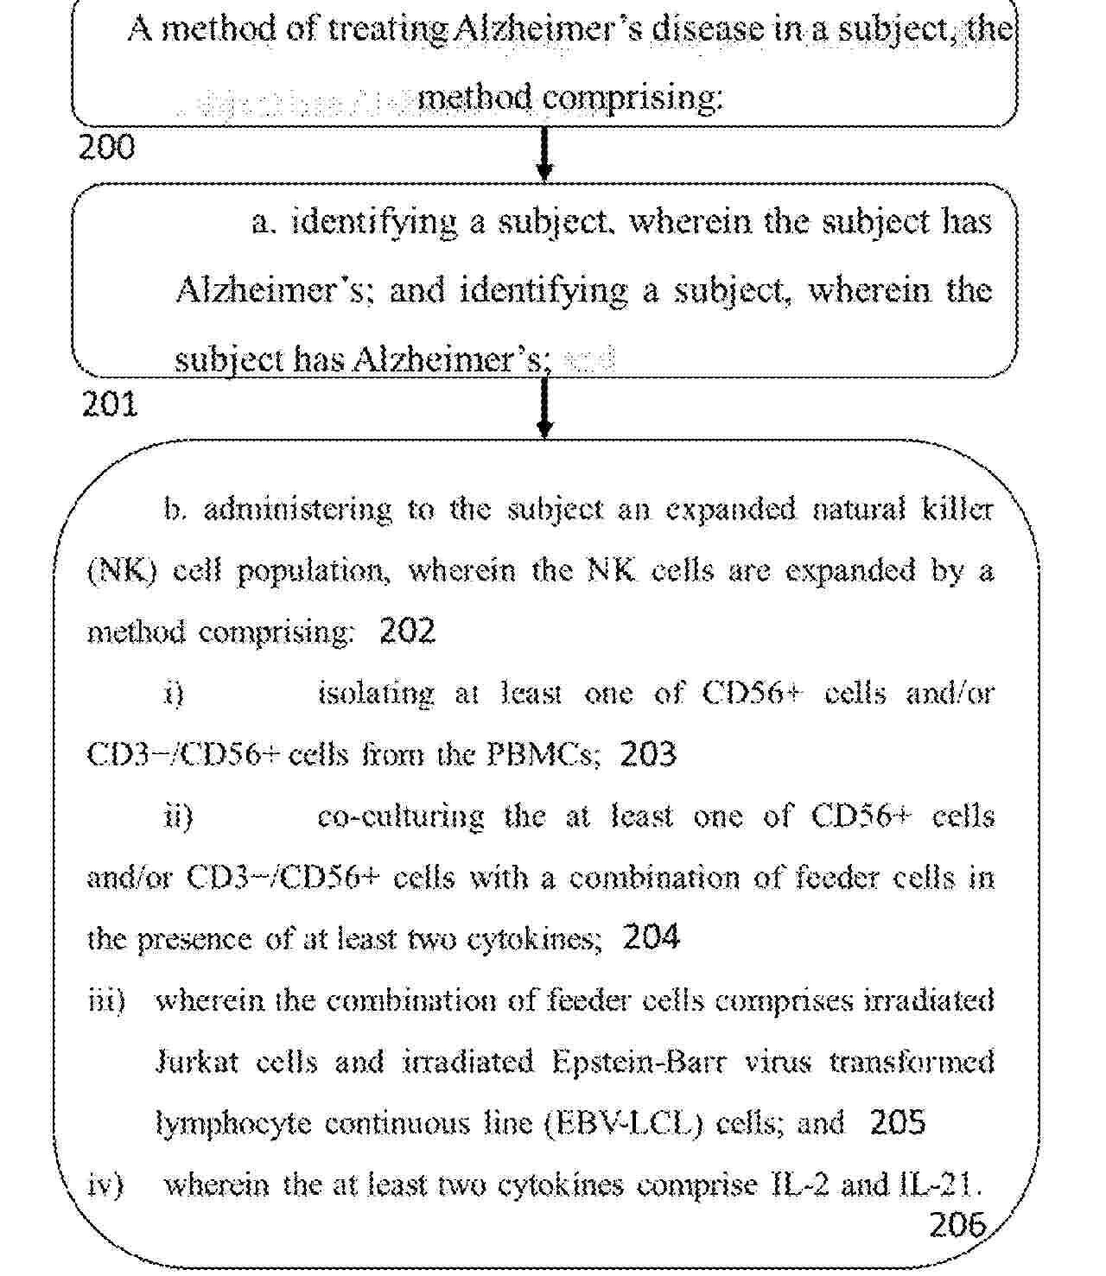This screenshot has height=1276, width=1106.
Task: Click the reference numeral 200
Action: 107,147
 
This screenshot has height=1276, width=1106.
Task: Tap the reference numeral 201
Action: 110,403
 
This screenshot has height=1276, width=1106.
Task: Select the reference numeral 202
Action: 408,632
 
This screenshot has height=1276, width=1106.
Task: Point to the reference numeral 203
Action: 648,754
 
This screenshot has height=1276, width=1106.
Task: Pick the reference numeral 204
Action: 651,937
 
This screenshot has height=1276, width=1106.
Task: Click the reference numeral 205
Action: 898,1122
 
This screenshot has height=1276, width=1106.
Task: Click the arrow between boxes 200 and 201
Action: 544,156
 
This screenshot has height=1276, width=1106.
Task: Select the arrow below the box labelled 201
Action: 544,408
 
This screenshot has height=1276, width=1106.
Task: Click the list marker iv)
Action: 107,1184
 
